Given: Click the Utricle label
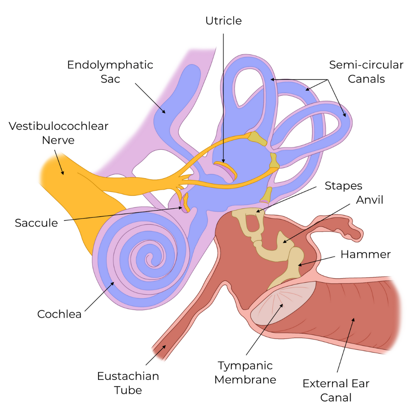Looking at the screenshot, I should pyautogui.click(x=224, y=20).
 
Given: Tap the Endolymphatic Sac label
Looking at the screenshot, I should pyautogui.click(x=110, y=72).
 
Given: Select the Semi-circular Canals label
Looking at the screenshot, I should pyautogui.click(x=366, y=72).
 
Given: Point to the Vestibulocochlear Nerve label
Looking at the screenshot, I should pyautogui.click(x=58, y=133).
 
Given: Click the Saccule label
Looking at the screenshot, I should pyautogui.click(x=36, y=223).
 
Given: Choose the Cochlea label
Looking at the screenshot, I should pyautogui.click(x=59, y=314).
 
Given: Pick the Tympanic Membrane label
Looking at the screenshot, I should pyautogui.click(x=245, y=373).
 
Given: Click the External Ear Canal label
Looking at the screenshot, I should pyautogui.click(x=336, y=390).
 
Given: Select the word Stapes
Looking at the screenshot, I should pyautogui.click(x=343, y=186).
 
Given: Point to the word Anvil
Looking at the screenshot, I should pyautogui.click(x=370, y=200).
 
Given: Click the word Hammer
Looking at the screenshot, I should pyautogui.click(x=365, y=254).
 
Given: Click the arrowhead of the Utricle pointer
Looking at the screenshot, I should pyautogui.click(x=224, y=162).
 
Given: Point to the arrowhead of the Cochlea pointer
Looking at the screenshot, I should pyautogui.click(x=114, y=283).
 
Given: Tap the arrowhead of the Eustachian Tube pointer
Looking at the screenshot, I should pyautogui.click(x=166, y=346).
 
